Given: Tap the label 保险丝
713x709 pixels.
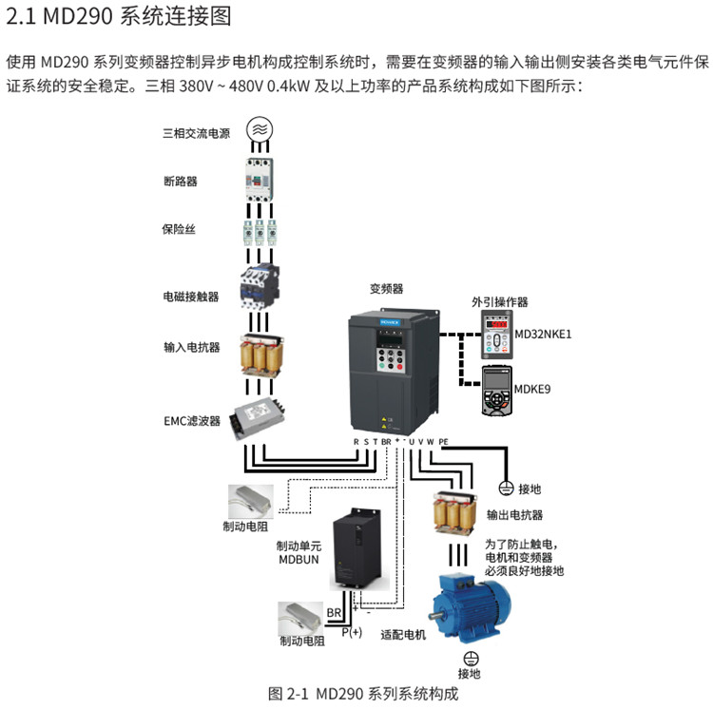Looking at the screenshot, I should coord(179,229).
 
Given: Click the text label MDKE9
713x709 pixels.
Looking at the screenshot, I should coord(533,389).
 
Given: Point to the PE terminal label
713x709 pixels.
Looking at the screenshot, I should coord(443,442).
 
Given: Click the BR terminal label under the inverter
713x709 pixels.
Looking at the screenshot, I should coord(386,442).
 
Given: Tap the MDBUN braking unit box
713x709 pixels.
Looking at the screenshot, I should coord(358,552).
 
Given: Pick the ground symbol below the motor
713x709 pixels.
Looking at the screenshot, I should coord(469,657).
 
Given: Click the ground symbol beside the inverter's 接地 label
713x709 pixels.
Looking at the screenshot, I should coord(507,489).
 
